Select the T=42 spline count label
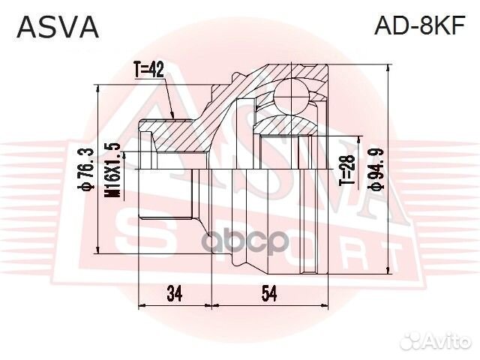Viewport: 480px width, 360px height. click(x=148, y=71)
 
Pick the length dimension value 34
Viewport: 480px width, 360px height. click(x=175, y=294)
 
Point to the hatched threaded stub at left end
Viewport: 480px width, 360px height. click(x=169, y=139)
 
